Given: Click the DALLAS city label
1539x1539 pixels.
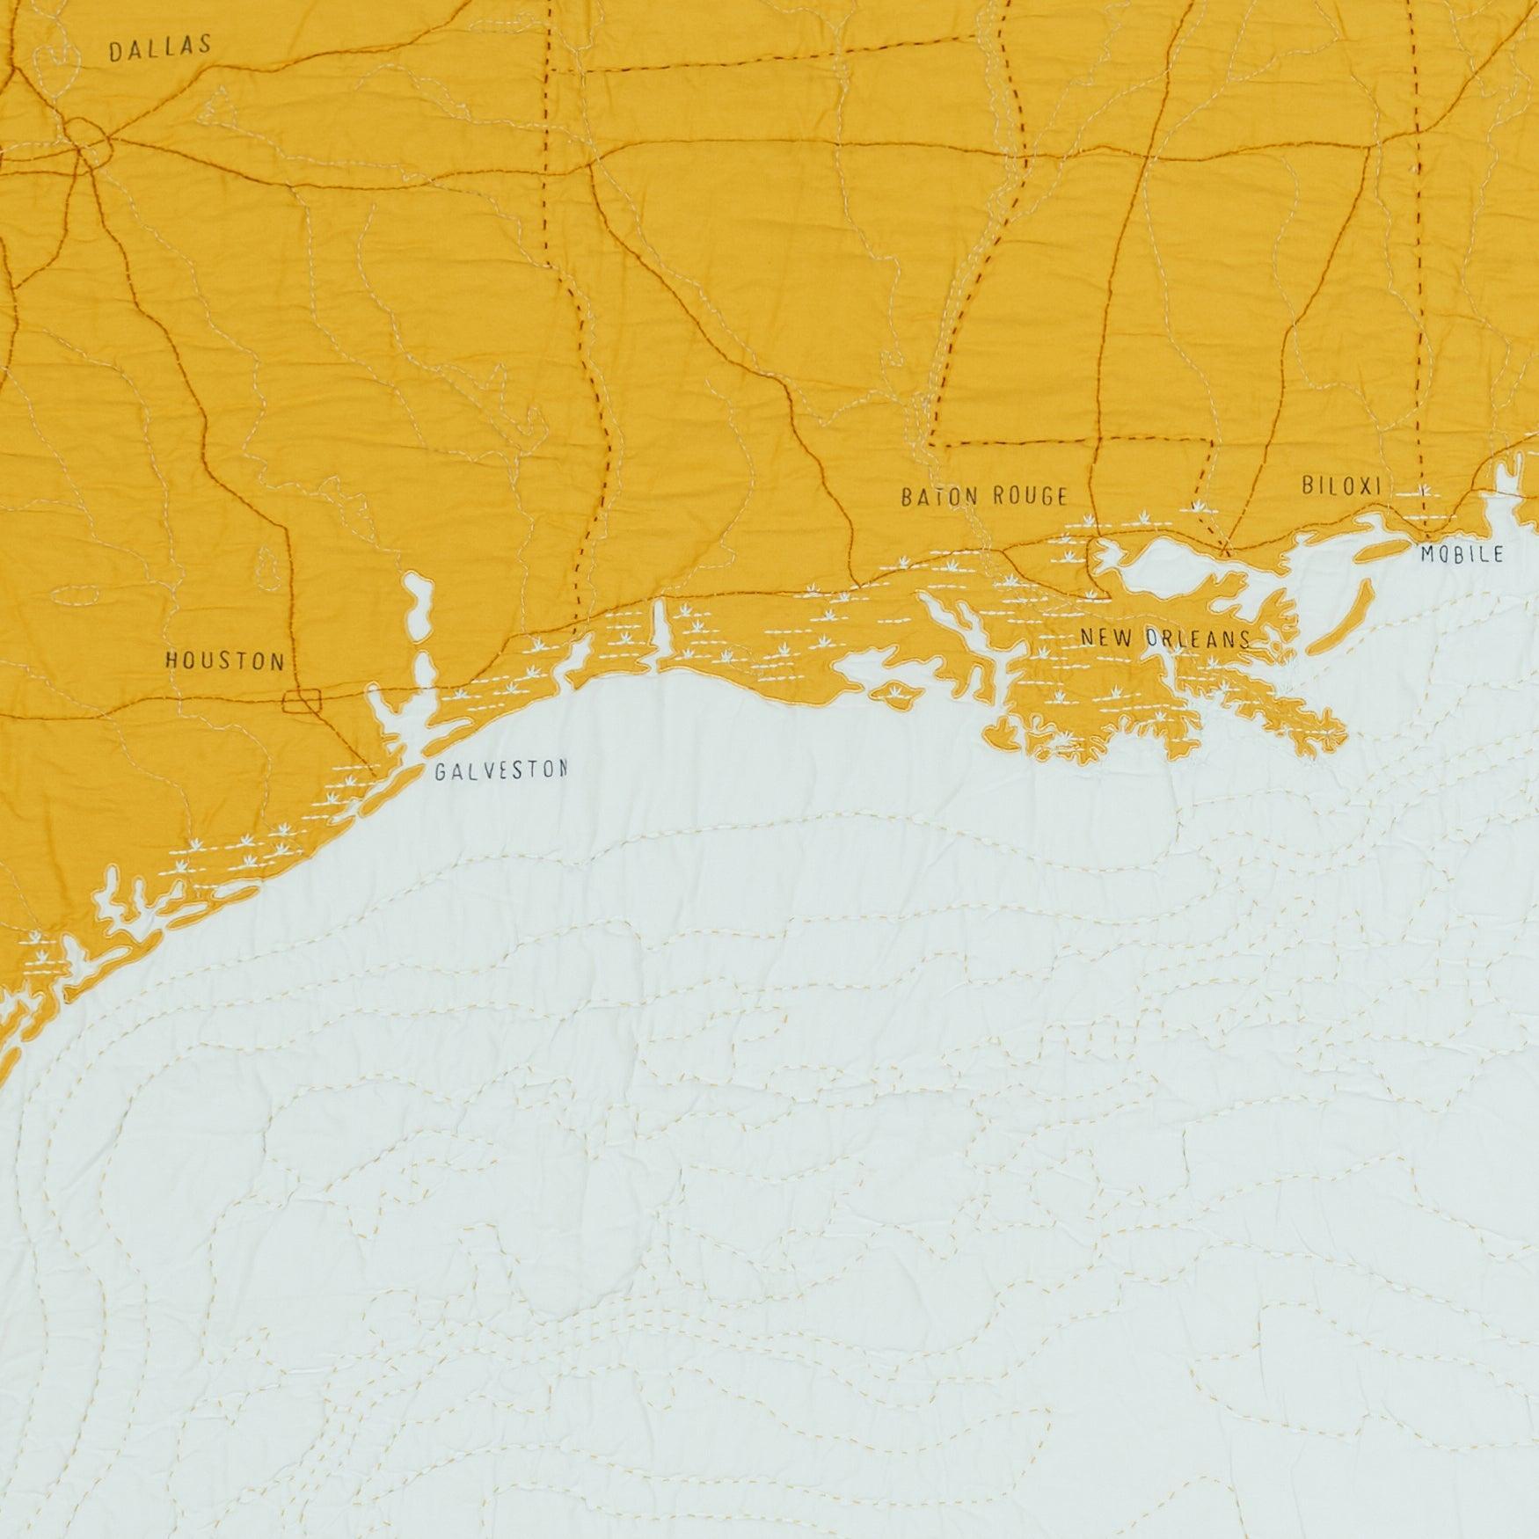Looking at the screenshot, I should point(160,48).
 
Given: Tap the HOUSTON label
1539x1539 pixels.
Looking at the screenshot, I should point(225,660).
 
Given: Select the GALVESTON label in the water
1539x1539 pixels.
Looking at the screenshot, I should point(500,771).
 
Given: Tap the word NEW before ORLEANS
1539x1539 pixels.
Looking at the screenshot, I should point(1110,637).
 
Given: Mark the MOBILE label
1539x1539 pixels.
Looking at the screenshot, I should point(1462,554).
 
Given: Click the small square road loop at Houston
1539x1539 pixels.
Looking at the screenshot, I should point(303,700).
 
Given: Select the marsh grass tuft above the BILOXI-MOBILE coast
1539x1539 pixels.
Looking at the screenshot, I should point(1424,491).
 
